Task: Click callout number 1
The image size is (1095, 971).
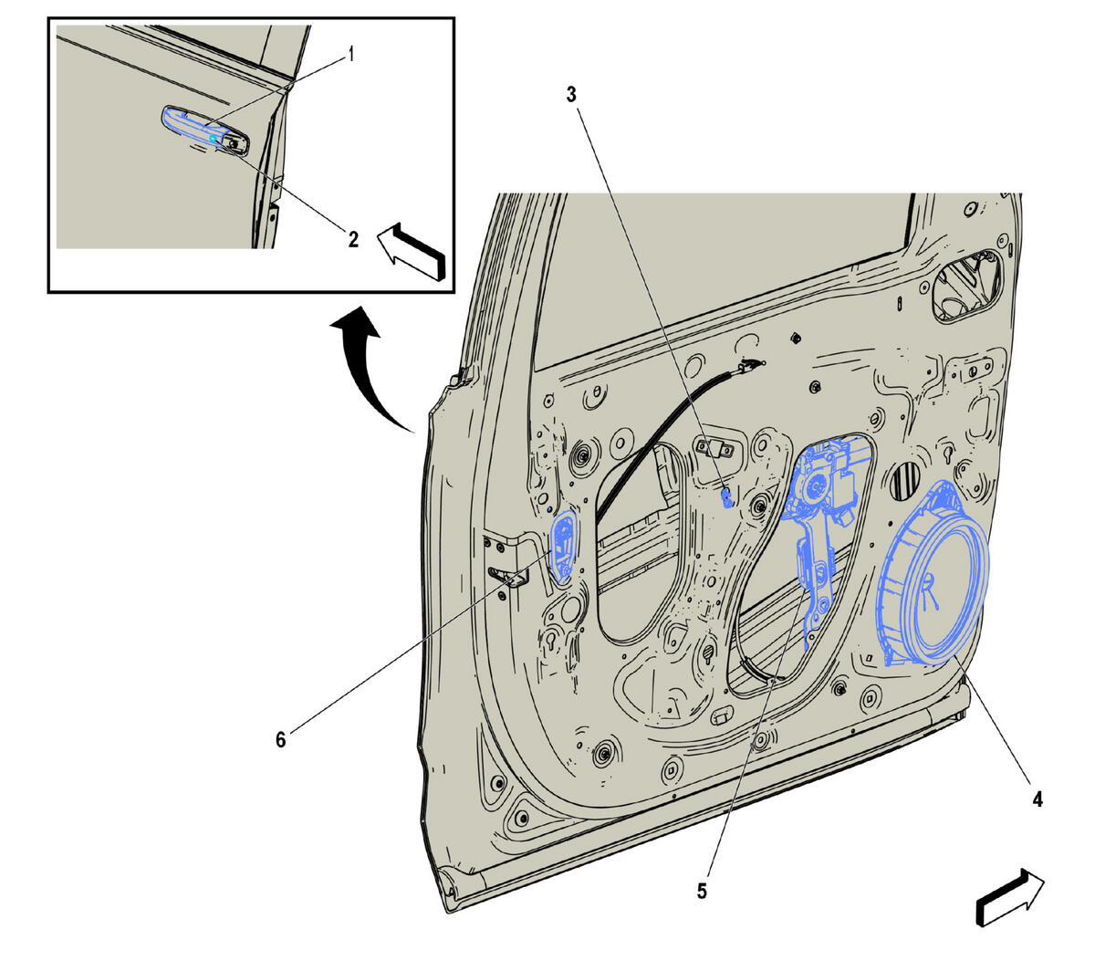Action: pyautogui.click(x=350, y=54)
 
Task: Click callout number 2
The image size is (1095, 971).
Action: pyautogui.click(x=353, y=239)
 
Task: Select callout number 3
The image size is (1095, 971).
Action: pyautogui.click(x=571, y=95)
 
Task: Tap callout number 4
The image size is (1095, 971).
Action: pyautogui.click(x=1038, y=799)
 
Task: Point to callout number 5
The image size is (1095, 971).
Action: pyautogui.click(x=702, y=891)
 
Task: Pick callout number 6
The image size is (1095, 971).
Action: pyautogui.click(x=280, y=739)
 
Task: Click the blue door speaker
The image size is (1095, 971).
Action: pyautogui.click(x=933, y=574)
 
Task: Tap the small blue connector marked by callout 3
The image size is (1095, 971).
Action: pyautogui.click(x=727, y=498)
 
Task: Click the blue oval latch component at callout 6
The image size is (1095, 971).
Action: pyautogui.click(x=564, y=548)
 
